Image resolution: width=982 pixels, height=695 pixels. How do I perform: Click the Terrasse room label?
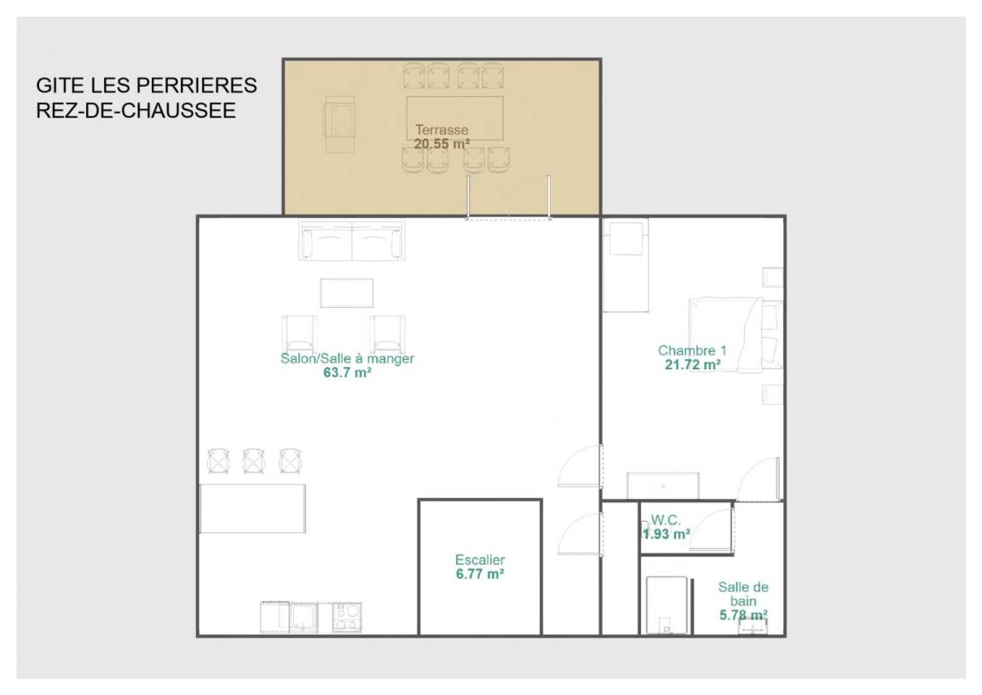[x=442, y=130]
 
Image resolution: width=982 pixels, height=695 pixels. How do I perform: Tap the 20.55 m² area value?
[x=442, y=144]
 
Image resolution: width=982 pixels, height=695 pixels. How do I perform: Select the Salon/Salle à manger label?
[x=347, y=358]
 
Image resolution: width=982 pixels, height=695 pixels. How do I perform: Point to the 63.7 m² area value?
[x=347, y=373]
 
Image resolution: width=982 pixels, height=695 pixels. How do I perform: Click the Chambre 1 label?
[x=692, y=350]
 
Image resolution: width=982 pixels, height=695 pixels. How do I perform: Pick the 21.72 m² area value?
[x=692, y=365]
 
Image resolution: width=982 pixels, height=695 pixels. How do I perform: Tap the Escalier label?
[x=480, y=559]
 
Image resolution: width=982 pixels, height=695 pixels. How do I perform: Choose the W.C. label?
[x=665, y=520]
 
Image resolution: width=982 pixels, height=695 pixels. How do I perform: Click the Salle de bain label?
[x=742, y=594]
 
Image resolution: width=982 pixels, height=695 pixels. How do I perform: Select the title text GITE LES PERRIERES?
[x=147, y=85]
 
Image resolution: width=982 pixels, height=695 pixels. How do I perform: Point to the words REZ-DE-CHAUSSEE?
[x=136, y=110]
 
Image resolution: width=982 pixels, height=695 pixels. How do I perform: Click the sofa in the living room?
[x=352, y=240]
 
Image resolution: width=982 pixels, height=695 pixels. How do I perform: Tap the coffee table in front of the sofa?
[x=347, y=293]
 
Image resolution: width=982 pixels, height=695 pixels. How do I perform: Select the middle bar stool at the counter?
[x=254, y=461]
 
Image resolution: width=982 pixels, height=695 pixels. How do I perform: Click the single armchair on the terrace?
[x=339, y=125]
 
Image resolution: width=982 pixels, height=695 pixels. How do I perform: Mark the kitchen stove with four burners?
[x=346, y=618]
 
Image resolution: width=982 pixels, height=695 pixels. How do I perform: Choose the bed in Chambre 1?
[x=736, y=334]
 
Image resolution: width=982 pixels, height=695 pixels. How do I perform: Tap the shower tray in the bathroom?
[x=667, y=605]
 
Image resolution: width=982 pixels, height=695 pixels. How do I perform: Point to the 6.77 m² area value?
[x=480, y=574]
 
